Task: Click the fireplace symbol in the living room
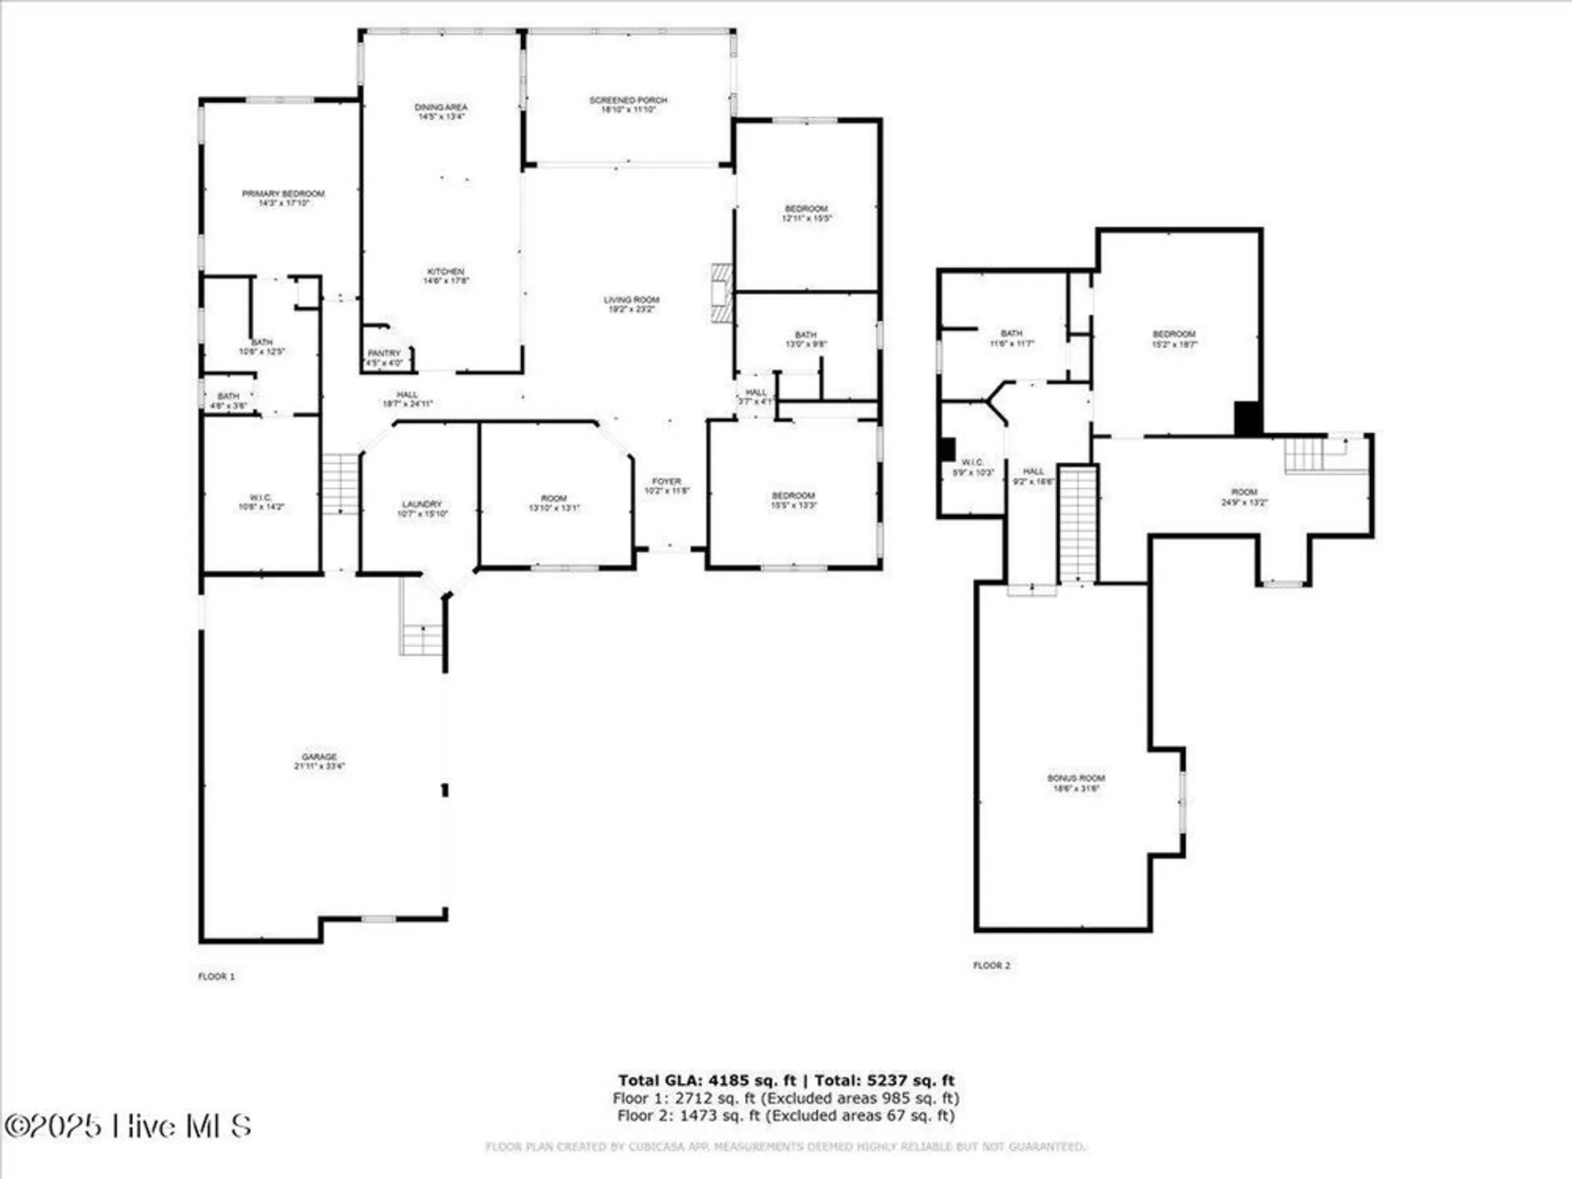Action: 722,293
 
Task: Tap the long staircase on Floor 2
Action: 1078,523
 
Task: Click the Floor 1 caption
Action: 216,976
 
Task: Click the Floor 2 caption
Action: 992,965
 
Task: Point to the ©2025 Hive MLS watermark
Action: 127,1126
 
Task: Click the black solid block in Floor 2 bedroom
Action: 1247,418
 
